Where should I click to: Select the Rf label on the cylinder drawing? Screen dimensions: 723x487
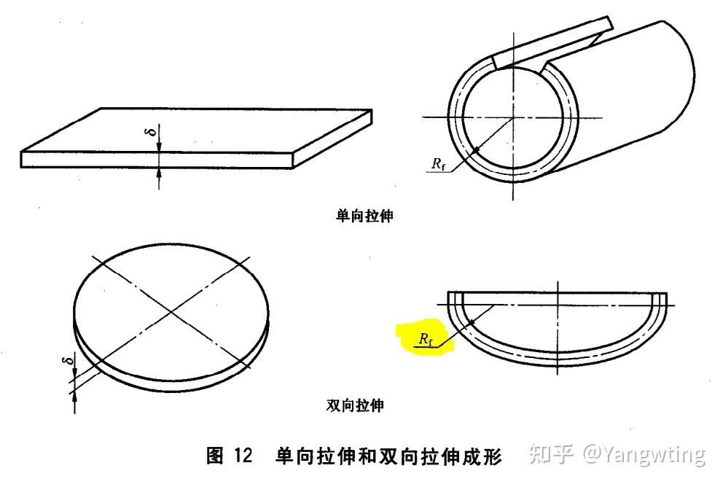[x=438, y=164]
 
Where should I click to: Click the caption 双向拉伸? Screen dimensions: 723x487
[x=354, y=406]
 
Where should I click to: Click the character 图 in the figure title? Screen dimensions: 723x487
[x=216, y=457]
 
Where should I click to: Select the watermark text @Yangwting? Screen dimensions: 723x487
[x=644, y=454]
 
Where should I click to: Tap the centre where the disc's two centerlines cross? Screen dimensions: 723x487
[x=171, y=312]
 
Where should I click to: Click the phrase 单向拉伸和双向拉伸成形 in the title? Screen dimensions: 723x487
[x=388, y=457]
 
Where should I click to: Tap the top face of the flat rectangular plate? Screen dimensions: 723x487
[x=197, y=132]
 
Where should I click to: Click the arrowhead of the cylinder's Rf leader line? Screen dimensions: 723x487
[x=476, y=150]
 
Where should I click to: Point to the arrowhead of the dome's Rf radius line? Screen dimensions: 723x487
[x=472, y=322]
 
